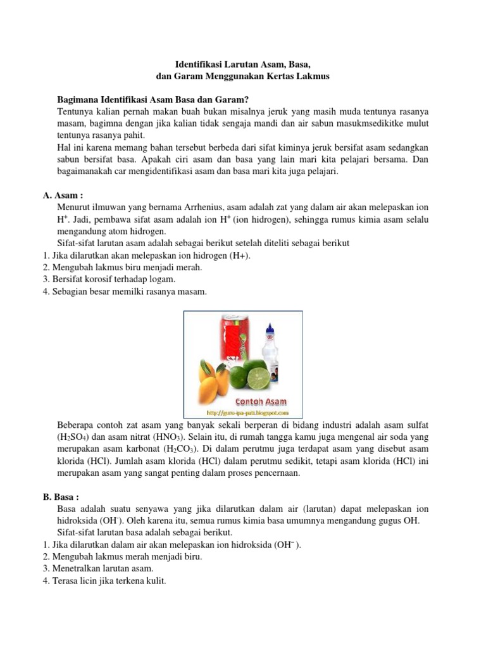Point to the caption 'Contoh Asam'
[261, 401]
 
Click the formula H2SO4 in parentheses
[74, 437]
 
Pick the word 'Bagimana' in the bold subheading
[78, 99]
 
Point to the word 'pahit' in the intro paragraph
[132, 135]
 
